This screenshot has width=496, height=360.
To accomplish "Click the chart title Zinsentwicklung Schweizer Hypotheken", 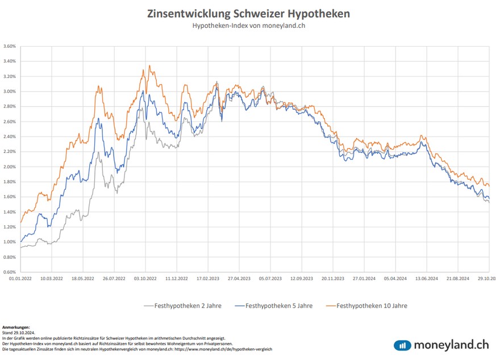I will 248,13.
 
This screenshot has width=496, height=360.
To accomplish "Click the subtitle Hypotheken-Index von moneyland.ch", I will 248,26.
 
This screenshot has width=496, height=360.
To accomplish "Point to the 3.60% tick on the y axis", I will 9,46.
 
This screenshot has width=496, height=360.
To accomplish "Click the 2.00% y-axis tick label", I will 9,167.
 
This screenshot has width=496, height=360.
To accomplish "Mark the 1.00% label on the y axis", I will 9,242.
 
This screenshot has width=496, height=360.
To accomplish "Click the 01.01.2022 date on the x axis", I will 20,279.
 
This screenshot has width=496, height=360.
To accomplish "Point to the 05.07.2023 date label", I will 270,279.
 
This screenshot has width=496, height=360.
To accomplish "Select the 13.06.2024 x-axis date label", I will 426,279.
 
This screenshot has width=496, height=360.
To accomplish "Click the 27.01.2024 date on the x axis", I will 363,279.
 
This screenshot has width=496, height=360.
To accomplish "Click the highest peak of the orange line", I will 149,66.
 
